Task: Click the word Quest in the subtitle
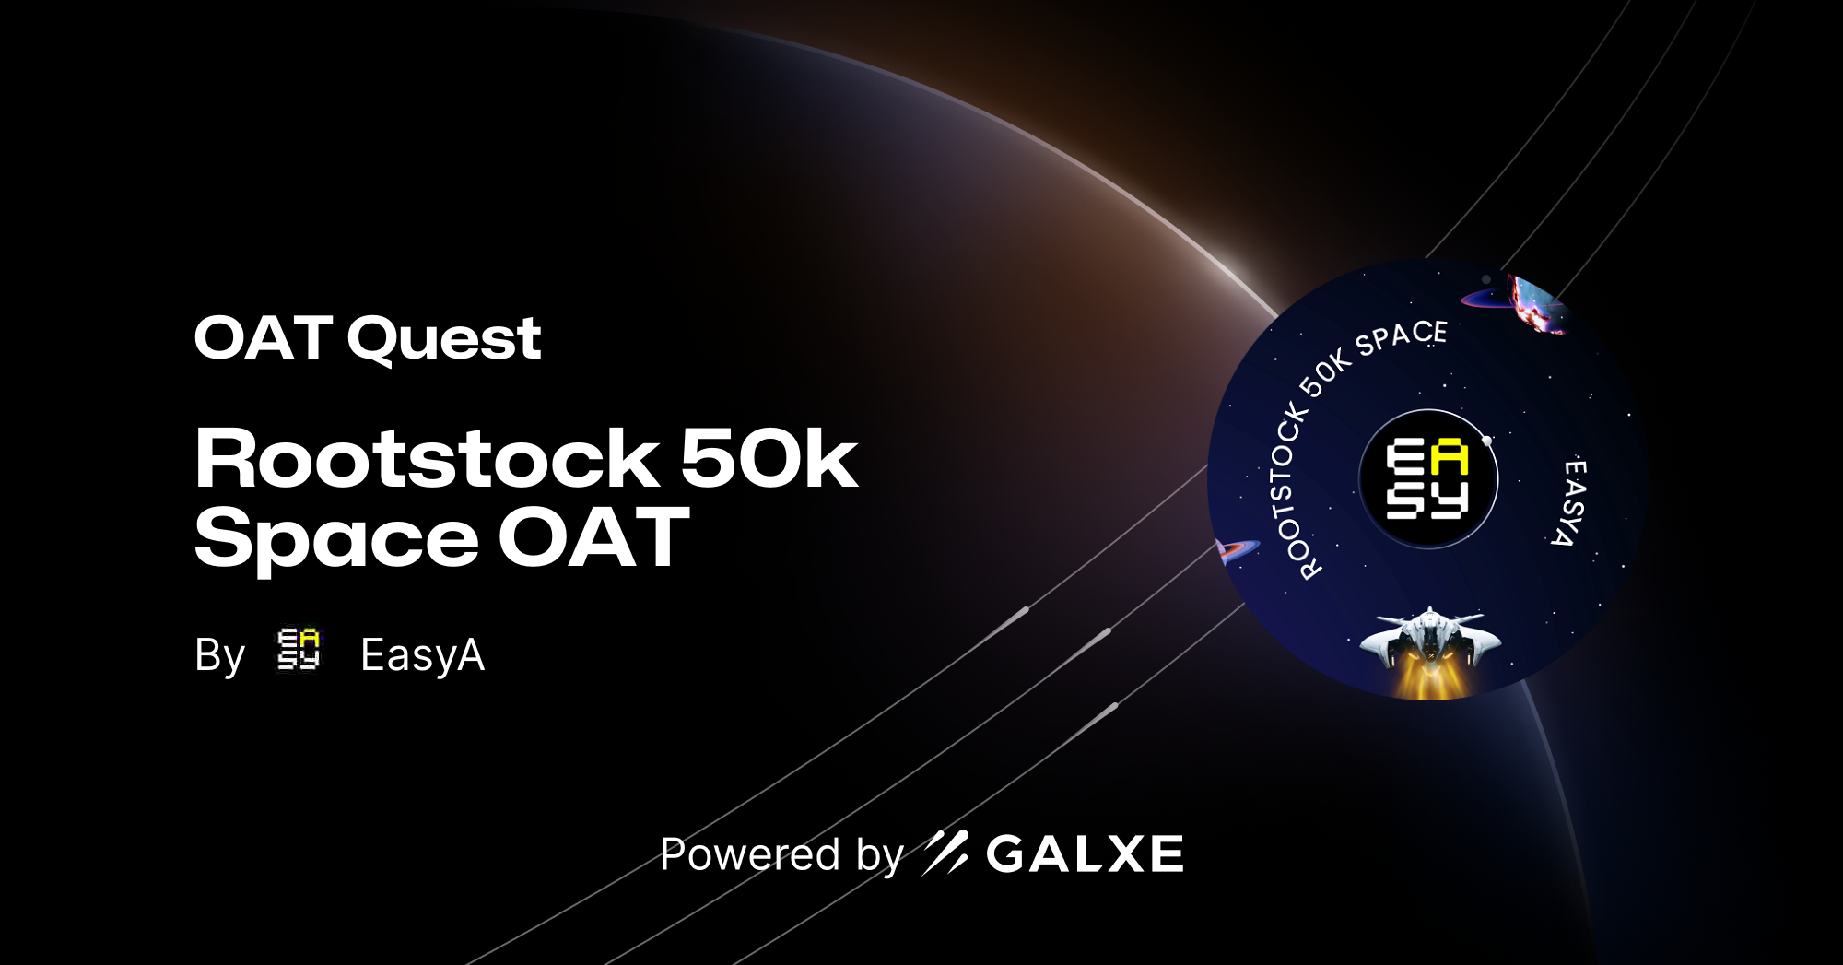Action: tap(444, 339)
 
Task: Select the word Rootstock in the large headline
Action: tap(427, 458)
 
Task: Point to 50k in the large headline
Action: tap(769, 458)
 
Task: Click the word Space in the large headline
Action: tap(336, 538)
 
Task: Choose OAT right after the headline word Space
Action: tap(594, 538)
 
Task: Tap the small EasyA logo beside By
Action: tap(299, 650)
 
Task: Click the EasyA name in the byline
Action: tap(422, 655)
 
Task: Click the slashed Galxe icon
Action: tap(945, 853)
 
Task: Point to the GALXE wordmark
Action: tap(1085, 853)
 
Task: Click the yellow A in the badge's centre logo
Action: tap(1450, 458)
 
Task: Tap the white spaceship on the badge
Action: tap(1429, 636)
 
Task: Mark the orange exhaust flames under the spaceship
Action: tap(1429, 680)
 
